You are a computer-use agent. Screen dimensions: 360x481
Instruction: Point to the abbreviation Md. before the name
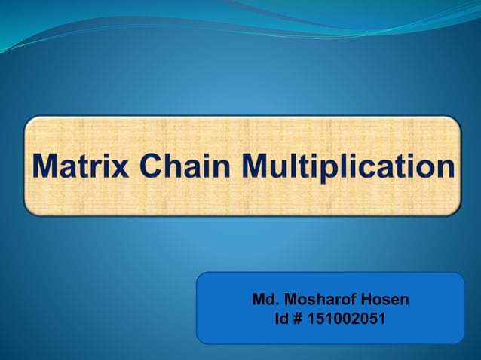(264, 300)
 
